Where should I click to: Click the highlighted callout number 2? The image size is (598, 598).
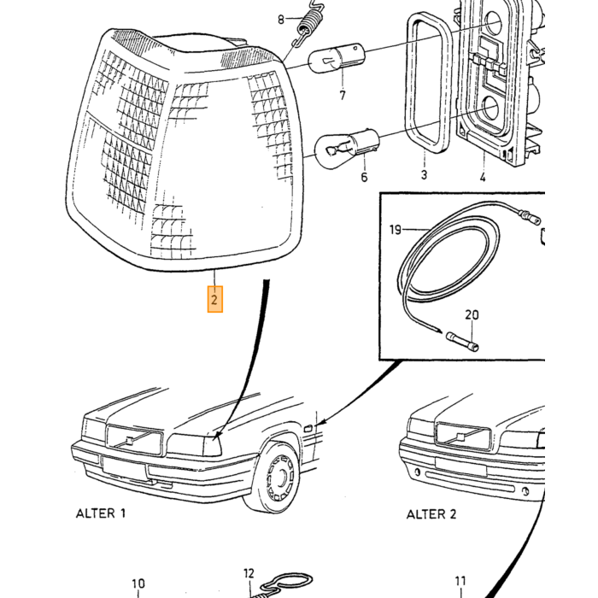[214, 299]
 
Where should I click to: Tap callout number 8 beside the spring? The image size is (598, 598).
[281, 19]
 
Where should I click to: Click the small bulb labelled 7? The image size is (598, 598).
[337, 58]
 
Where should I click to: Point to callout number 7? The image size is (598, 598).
[343, 95]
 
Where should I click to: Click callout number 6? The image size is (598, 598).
[364, 177]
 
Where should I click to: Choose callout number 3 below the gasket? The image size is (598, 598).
[424, 175]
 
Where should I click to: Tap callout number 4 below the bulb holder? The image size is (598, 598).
[483, 177]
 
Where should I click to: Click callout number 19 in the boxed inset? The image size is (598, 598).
[396, 230]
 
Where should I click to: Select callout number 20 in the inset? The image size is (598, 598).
[472, 315]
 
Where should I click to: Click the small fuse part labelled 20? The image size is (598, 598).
[462, 342]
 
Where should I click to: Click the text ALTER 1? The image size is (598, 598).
[101, 513]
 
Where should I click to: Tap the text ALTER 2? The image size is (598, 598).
[431, 514]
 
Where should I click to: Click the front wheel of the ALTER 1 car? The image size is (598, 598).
[277, 477]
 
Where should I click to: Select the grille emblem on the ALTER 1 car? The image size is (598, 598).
[130, 440]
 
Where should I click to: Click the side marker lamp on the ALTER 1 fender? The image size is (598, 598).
[308, 429]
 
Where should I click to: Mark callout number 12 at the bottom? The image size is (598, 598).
[249, 573]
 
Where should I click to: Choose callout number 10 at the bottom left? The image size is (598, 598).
[138, 583]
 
